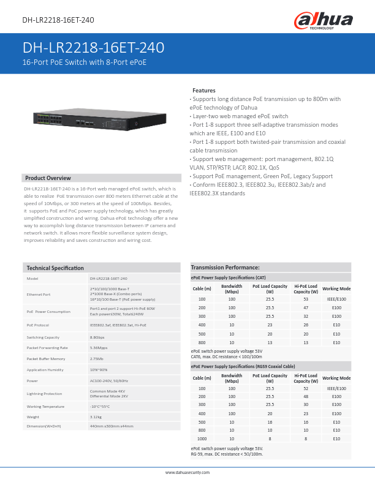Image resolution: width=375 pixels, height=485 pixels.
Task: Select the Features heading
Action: (203, 90)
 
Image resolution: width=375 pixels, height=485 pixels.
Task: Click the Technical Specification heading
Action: (55, 268)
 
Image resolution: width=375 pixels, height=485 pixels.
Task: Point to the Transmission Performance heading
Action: (225, 268)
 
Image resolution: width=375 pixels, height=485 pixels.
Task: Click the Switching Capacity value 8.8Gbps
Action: (97, 337)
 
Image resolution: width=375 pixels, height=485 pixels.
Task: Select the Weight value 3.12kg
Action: (96, 416)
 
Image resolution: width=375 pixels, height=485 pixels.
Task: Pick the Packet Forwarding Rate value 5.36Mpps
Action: (99, 347)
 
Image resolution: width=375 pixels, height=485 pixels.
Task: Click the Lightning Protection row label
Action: (44, 393)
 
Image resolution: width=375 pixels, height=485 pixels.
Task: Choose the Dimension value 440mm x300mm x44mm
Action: (111, 426)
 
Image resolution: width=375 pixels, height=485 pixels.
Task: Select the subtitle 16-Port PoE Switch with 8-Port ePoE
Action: (85, 62)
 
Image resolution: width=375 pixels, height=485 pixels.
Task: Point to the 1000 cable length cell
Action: (202, 438)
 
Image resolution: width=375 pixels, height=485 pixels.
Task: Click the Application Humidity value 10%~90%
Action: (99, 370)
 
